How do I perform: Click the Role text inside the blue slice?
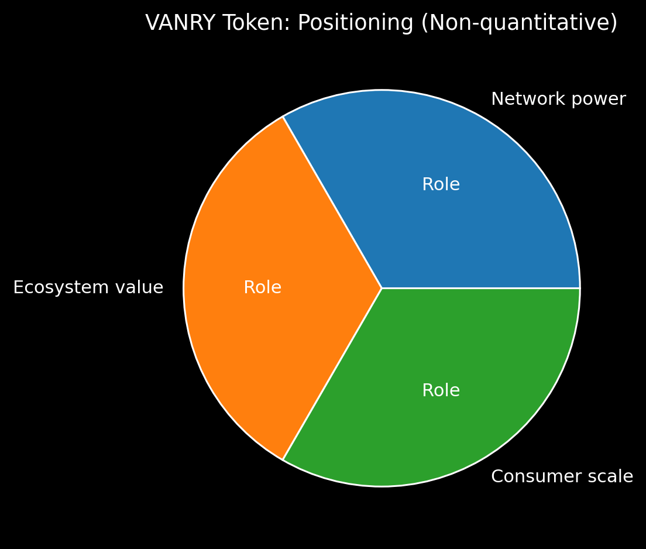coord(441,185)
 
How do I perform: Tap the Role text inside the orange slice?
coord(262,288)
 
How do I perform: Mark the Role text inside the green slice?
coord(441,391)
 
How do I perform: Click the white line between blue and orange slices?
coord(332,203)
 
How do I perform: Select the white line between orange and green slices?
coord(332,374)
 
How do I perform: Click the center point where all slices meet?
coord(382,288)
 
